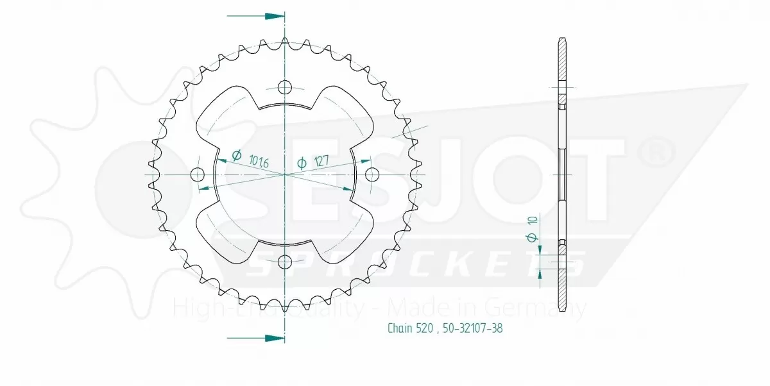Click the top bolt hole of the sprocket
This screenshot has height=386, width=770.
(285, 87)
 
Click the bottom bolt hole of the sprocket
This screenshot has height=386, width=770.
(285, 261)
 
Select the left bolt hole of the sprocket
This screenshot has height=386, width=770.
(198, 174)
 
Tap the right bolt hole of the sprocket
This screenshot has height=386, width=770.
(372, 174)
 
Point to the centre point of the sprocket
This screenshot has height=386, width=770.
(285, 174)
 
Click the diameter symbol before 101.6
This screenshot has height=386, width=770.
(236, 155)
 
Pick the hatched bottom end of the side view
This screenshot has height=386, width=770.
(563, 289)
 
